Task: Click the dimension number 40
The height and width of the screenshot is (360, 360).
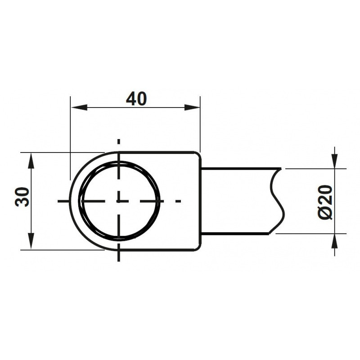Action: [x=136, y=99]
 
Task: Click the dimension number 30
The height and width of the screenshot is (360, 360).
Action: [x=22, y=197]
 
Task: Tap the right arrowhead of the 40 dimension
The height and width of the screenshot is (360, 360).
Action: [x=192, y=108]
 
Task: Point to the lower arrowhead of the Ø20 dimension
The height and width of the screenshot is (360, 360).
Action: [x=335, y=242]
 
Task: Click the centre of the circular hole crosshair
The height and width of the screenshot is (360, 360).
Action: [x=119, y=201]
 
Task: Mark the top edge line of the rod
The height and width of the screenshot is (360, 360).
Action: [x=238, y=168]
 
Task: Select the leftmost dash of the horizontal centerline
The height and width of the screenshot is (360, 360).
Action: [x=63, y=201]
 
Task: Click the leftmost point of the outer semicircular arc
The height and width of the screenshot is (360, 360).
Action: [x=70, y=201]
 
